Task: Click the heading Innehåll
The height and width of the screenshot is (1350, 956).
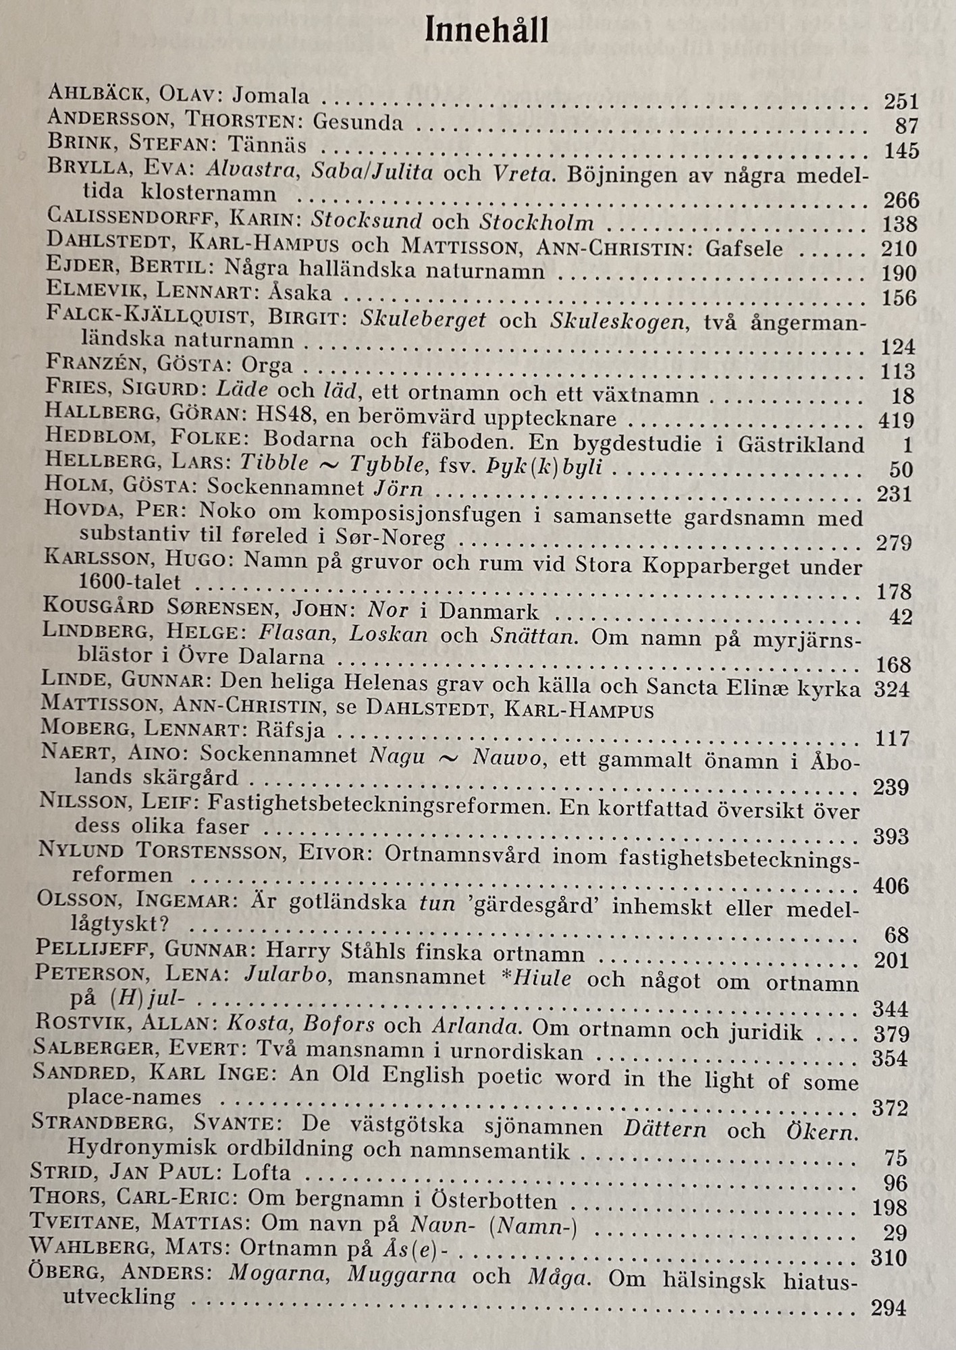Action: point(485,32)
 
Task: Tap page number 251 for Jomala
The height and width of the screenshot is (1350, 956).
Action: point(901,102)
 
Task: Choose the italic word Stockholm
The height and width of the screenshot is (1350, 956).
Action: point(537,221)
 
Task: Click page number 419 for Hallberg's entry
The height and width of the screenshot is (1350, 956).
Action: point(896,421)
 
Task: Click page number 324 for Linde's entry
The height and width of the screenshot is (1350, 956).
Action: point(893,689)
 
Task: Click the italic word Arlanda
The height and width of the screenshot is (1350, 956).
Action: point(475,1028)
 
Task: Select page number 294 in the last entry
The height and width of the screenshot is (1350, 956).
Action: point(888,1307)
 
